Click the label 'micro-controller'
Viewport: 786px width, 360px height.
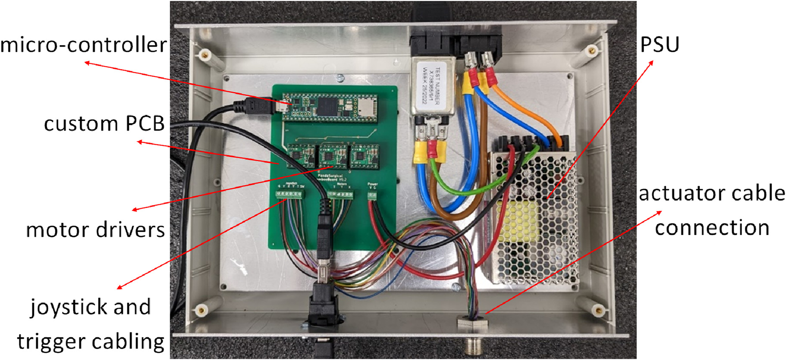pyautogui.click(x=83, y=45)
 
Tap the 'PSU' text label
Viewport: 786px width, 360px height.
pyautogui.click(x=659, y=45)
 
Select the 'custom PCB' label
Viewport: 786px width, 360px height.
pyautogui.click(x=104, y=124)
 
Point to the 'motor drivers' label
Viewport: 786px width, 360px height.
pyautogui.click(x=95, y=230)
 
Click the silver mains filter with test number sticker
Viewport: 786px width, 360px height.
pyautogui.click(x=428, y=86)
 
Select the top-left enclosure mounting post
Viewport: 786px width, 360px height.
pyautogui.click(x=204, y=56)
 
